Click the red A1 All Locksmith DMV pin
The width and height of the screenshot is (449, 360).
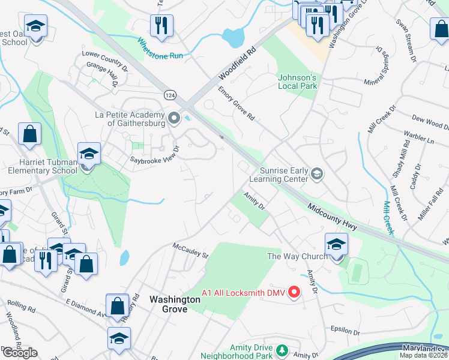tap(294, 292)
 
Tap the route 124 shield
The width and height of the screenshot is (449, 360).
tap(170, 94)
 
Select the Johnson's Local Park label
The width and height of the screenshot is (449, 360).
tap(297, 82)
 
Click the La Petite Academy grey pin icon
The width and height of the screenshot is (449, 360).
tap(174, 118)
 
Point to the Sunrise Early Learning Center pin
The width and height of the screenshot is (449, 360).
tap(317, 174)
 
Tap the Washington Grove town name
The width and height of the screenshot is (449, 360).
tap(175, 304)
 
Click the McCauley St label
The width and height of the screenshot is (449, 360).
tap(190, 251)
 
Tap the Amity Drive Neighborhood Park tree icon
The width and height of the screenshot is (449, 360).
tap(280, 349)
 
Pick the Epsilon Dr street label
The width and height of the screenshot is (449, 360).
tap(345, 331)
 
